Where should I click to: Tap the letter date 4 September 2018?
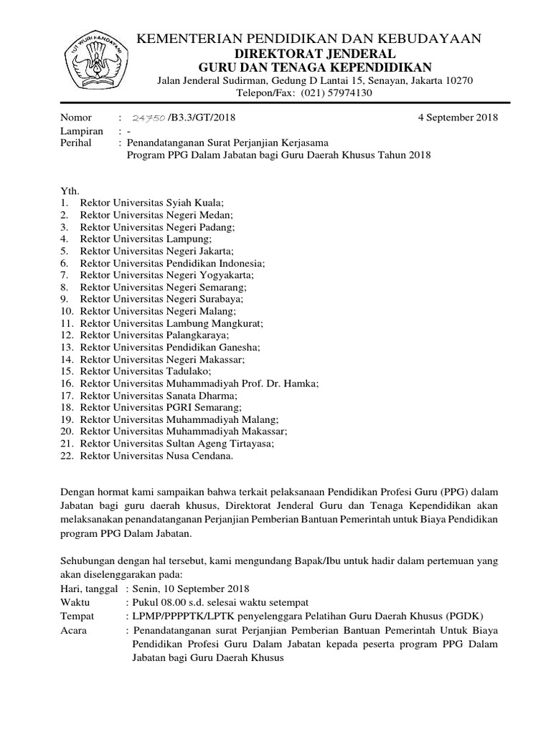(457, 118)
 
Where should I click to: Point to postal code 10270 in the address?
(456, 80)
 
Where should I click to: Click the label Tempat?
(77, 615)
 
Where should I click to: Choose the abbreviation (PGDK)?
(463, 615)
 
